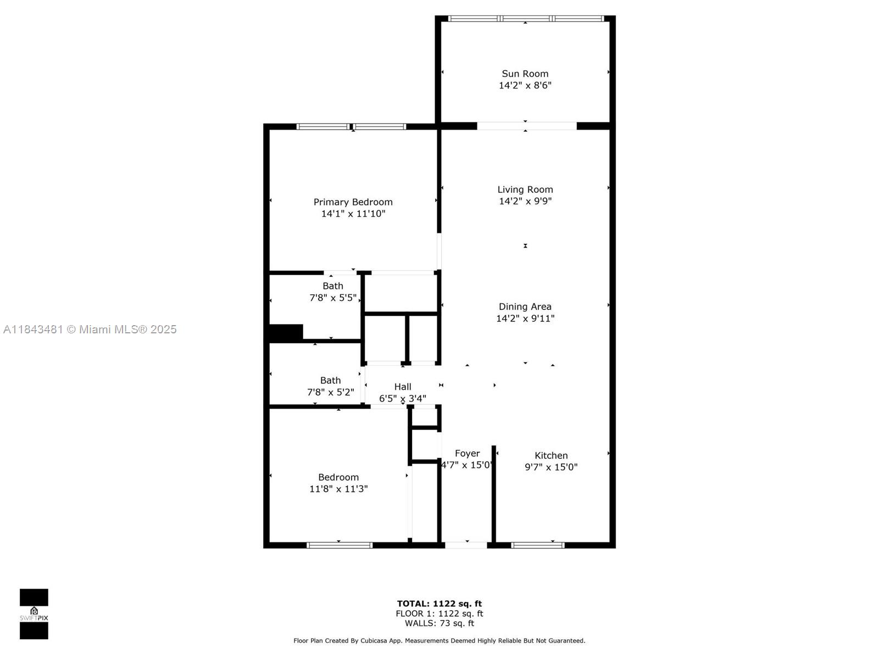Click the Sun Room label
pyautogui.click(x=525, y=74)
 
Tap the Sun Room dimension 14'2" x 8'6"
pyautogui.click(x=525, y=85)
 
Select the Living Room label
pyautogui.click(x=525, y=189)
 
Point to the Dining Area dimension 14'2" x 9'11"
pyautogui.click(x=525, y=319)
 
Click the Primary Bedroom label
pyautogui.click(x=353, y=202)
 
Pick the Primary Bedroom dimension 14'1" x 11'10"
pyautogui.click(x=353, y=214)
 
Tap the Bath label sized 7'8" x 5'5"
pyautogui.click(x=332, y=286)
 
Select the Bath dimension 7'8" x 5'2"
pyautogui.click(x=330, y=392)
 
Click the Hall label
pyautogui.click(x=403, y=387)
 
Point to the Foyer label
pyautogui.click(x=467, y=453)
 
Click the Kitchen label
pyautogui.click(x=551, y=455)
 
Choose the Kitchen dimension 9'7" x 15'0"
pyautogui.click(x=551, y=467)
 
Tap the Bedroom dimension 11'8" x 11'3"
pyautogui.click(x=338, y=489)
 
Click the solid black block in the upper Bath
pyautogui.click(x=286, y=333)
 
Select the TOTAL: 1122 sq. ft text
pyautogui.click(x=439, y=604)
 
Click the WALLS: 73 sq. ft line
pyautogui.click(x=439, y=623)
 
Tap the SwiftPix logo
pyautogui.click(x=34, y=614)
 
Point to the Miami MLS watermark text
pyautogui.click(x=90, y=329)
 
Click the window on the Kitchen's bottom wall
pyautogui.click(x=537, y=545)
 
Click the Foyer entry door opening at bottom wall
pyautogui.click(x=466, y=545)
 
